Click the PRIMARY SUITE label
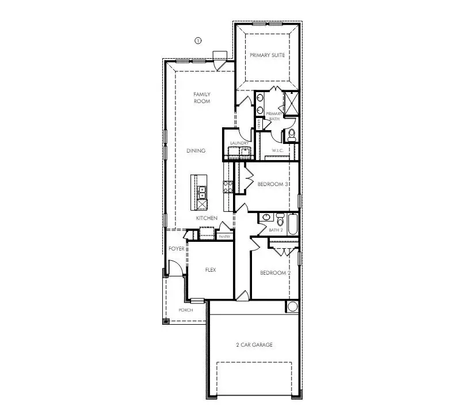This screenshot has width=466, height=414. [267, 55]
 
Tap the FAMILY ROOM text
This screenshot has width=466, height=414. [201, 97]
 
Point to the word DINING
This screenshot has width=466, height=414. [196, 151]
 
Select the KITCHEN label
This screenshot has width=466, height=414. [207, 218]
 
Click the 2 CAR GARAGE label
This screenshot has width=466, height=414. [254, 345]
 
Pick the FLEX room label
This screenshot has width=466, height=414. [210, 269]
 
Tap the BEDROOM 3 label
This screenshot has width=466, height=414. [272, 184]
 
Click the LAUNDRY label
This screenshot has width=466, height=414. [239, 143]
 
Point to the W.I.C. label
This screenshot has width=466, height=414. [278, 151]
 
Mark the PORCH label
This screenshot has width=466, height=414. [185, 310]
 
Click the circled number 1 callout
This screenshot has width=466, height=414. [197, 41]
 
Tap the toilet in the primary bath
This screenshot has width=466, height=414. [292, 135]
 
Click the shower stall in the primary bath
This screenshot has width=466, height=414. [291, 103]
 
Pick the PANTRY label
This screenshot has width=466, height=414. [224, 236]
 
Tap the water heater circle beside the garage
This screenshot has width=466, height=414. [292, 306]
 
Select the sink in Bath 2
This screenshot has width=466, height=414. [266, 217]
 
